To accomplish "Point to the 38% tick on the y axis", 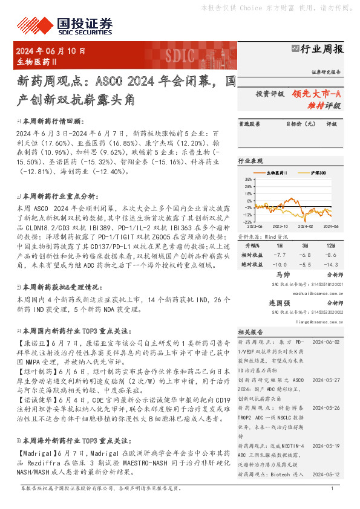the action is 248,180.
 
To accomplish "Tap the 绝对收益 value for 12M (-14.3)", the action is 330,265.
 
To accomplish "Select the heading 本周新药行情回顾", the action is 51,121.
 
